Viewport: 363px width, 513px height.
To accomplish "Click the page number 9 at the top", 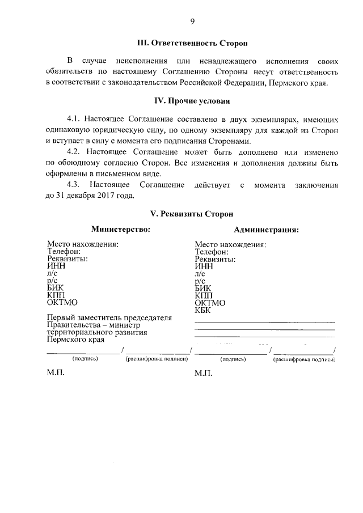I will click(192, 22).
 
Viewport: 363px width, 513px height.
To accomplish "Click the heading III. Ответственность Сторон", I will click(193, 43).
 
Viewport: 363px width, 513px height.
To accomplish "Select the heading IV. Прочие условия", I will click(193, 102).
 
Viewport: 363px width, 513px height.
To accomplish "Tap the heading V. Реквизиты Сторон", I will click(192, 214).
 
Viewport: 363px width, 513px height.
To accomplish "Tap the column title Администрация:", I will click(267, 230).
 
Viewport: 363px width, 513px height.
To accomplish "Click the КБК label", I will click(203, 310).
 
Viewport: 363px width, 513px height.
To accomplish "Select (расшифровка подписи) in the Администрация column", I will click(304, 359).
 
